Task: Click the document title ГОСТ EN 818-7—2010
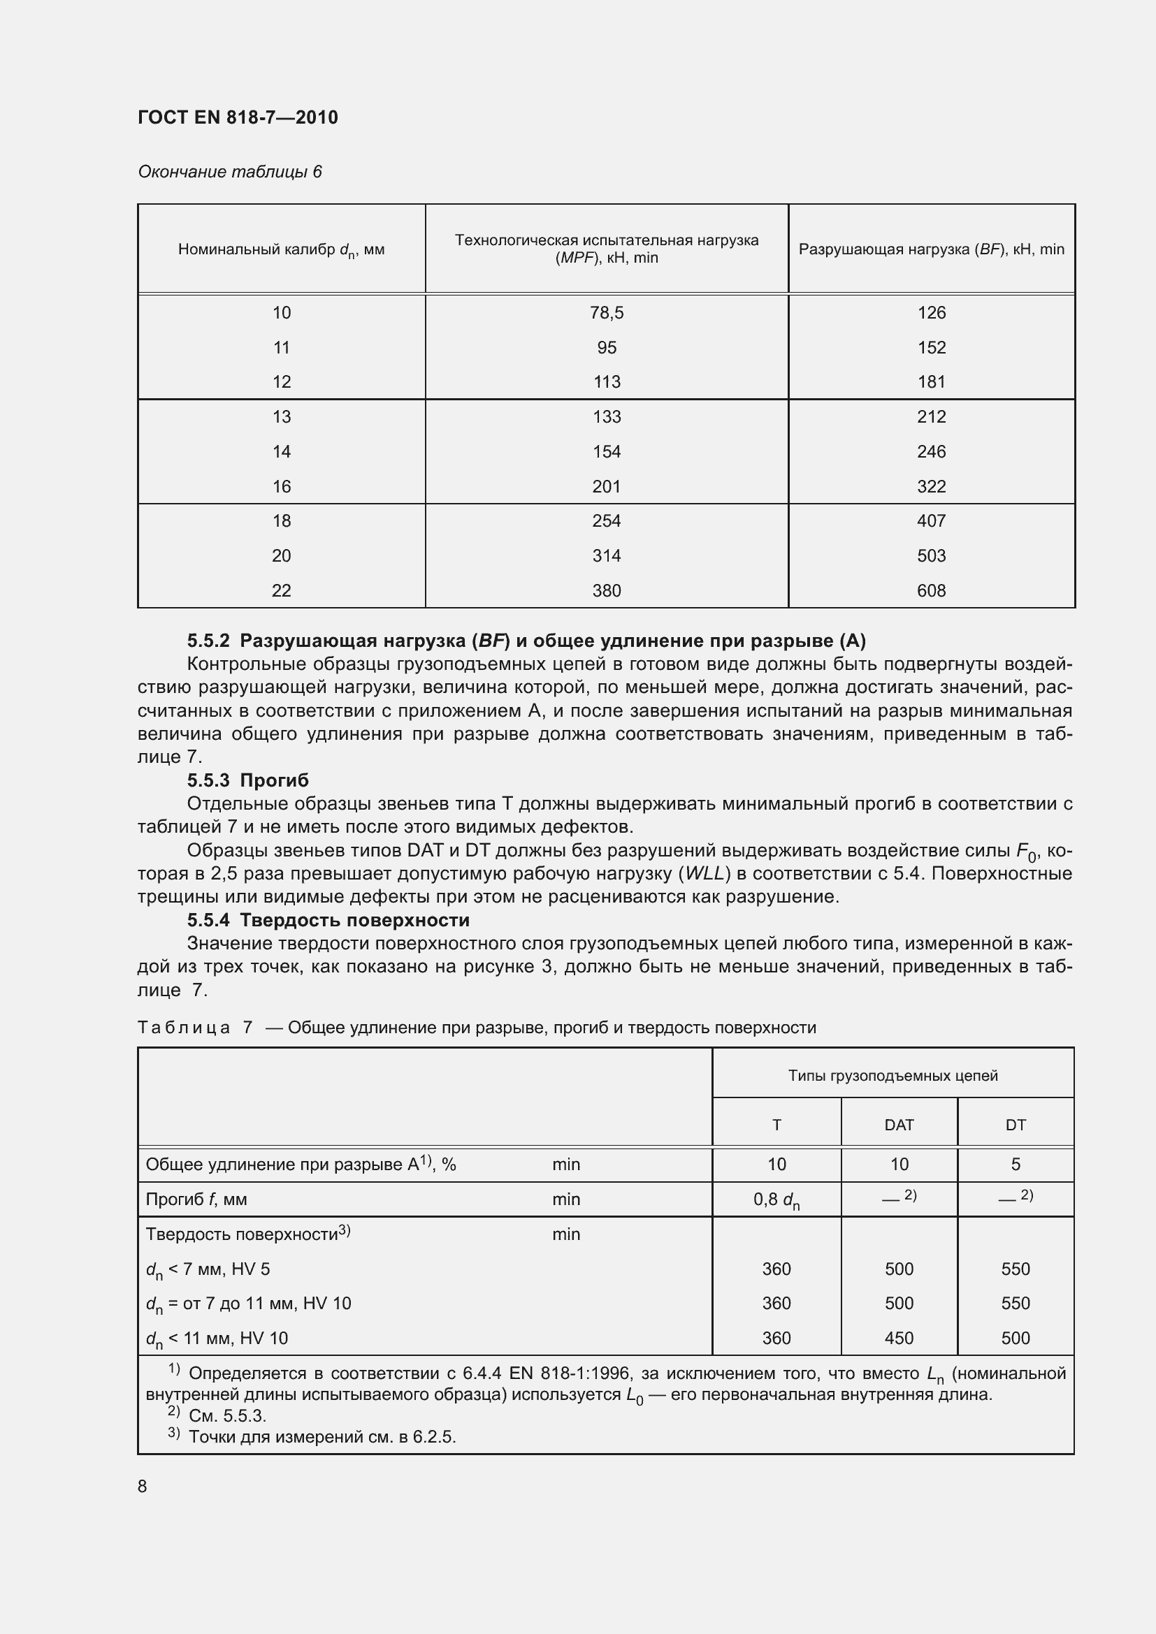click(x=238, y=117)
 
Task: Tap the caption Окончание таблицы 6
click(x=229, y=172)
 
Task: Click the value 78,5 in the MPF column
click(x=607, y=312)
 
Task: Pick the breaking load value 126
click(x=931, y=312)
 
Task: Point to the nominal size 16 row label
click(x=281, y=486)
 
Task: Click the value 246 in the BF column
click(x=931, y=451)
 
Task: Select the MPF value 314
click(x=607, y=555)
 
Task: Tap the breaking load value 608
click(x=931, y=590)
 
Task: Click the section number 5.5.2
click(x=208, y=641)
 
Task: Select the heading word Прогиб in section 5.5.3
click(x=274, y=781)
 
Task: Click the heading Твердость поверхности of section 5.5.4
click(x=354, y=920)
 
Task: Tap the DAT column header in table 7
click(x=898, y=1125)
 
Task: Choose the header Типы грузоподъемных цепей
click(x=893, y=1075)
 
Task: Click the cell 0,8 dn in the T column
click(x=776, y=1200)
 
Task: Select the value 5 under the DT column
click(x=1015, y=1165)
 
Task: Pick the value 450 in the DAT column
click(x=898, y=1338)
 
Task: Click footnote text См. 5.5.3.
click(x=227, y=1415)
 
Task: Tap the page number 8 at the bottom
click(x=143, y=1486)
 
